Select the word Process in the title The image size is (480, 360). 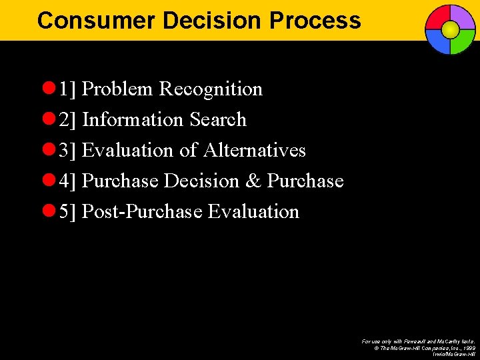315,21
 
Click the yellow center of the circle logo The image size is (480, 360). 450,29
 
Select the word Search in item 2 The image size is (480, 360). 218,120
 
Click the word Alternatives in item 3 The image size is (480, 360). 254,151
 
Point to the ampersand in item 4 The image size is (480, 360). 253,181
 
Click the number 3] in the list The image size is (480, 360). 68,151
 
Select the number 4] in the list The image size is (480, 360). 68,181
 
